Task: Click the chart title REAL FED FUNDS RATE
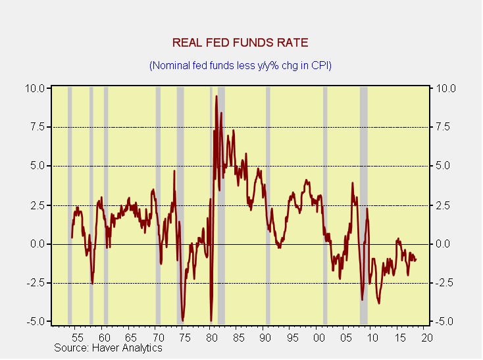[x=240, y=43]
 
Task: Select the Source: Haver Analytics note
[x=108, y=347]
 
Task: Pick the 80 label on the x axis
[x=211, y=337]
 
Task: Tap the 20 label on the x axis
[x=426, y=337]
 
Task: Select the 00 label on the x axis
[x=318, y=337]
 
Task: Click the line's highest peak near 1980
[x=216, y=97]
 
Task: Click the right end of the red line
[x=415, y=259]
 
